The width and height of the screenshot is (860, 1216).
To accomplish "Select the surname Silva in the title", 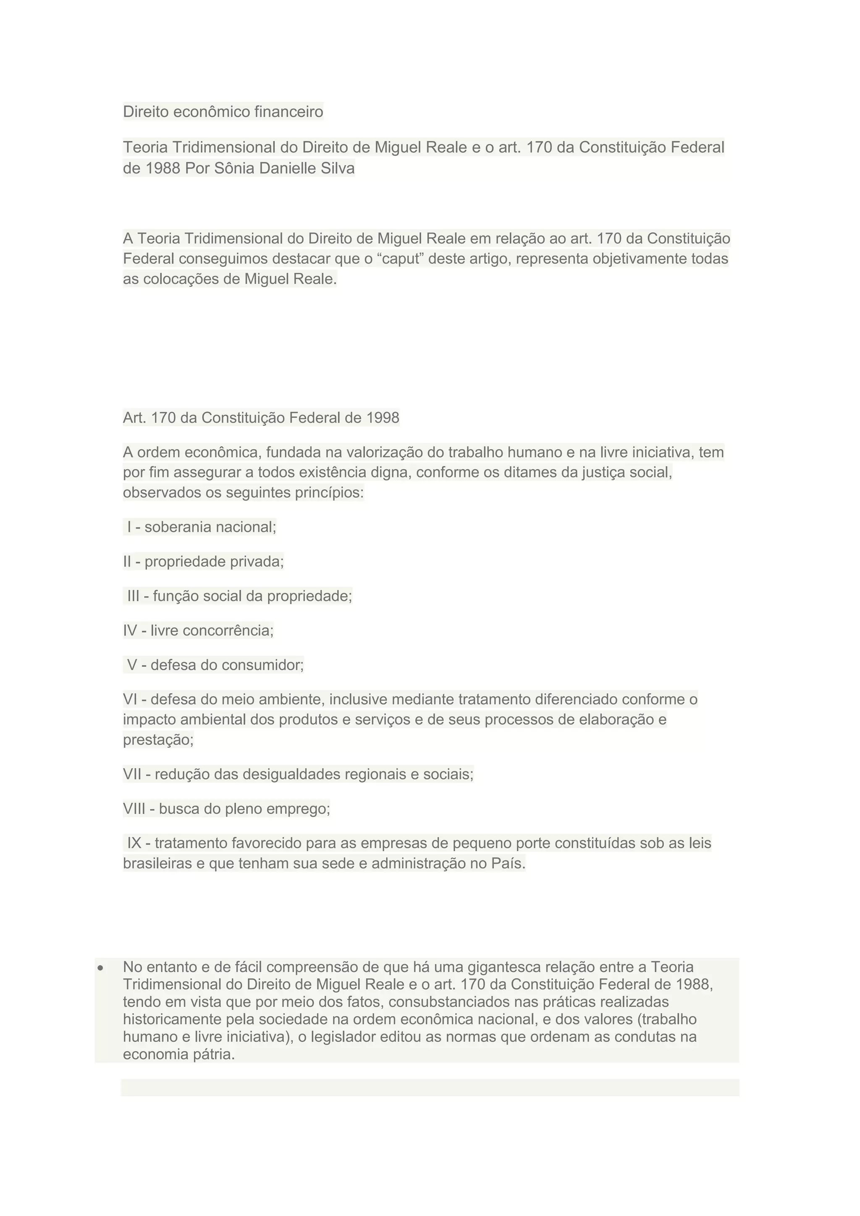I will pyautogui.click(x=338, y=168).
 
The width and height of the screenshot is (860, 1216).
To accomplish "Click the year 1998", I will pyautogui.click(x=383, y=418).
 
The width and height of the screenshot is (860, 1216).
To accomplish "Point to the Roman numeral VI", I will pyautogui.click(x=130, y=700).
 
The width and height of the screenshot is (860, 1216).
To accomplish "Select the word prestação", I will pyautogui.click(x=158, y=740).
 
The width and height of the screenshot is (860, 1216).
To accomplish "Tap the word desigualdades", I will pyautogui.click(x=291, y=774).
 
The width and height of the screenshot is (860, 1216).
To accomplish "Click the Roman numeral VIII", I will pyautogui.click(x=134, y=809).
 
